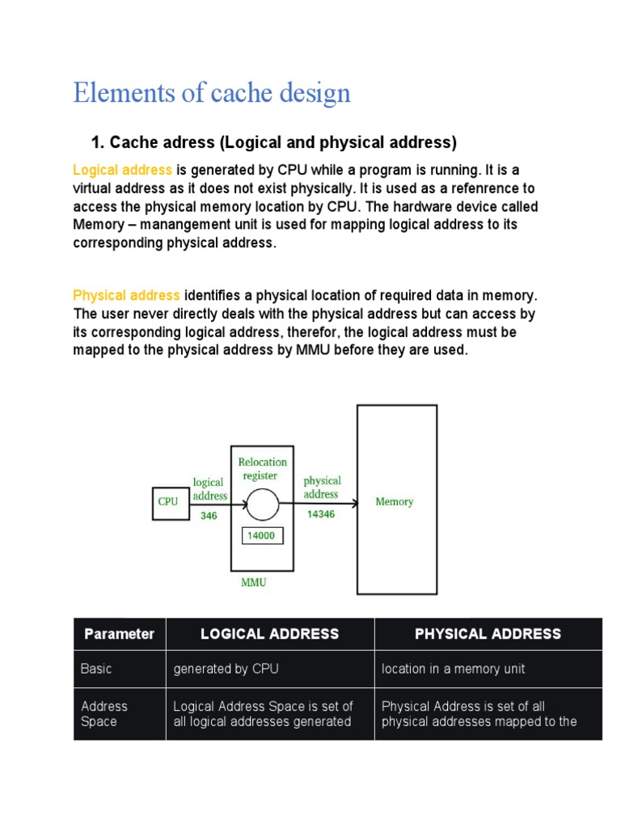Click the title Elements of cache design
(212, 93)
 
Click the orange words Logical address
(122, 170)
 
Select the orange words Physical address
(126, 295)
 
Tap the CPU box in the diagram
(168, 501)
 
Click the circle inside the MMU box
(262, 504)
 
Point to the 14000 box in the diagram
(262, 535)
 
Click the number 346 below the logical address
(209, 515)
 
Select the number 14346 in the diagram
(321, 513)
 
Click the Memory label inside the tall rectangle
(395, 502)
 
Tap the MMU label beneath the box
(254, 581)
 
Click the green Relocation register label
(262, 469)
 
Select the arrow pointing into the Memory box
(319, 504)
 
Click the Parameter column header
(119, 634)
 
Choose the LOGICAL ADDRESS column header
(269, 634)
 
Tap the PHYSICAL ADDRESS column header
(488, 634)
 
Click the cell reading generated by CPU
(226, 669)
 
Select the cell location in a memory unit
(453, 669)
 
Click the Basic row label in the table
(96, 669)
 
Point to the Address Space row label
(104, 713)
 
